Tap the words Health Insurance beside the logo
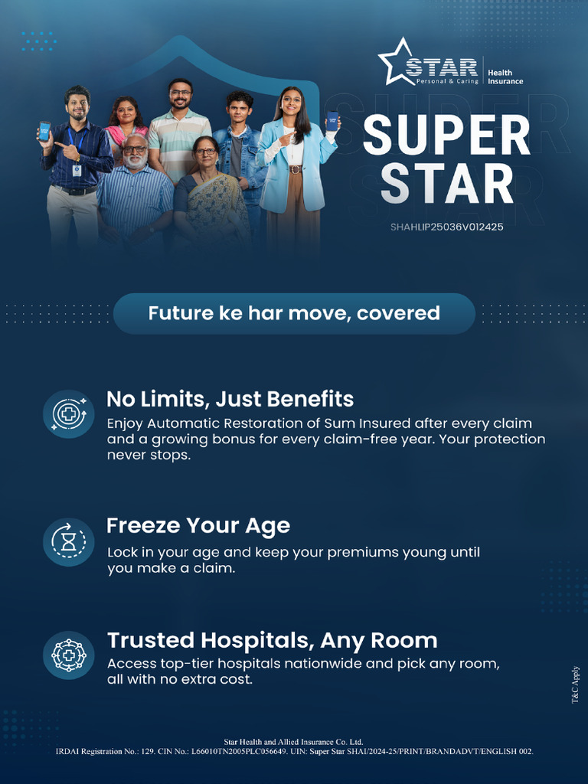click(505, 77)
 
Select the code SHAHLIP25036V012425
click(446, 227)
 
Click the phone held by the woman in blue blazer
click(332, 121)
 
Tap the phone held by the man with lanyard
click(44, 131)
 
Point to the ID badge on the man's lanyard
click(77, 170)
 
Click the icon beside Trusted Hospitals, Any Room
click(68, 655)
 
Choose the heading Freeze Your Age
click(198, 526)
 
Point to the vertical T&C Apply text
click(576, 685)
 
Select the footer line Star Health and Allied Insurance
click(293, 742)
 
